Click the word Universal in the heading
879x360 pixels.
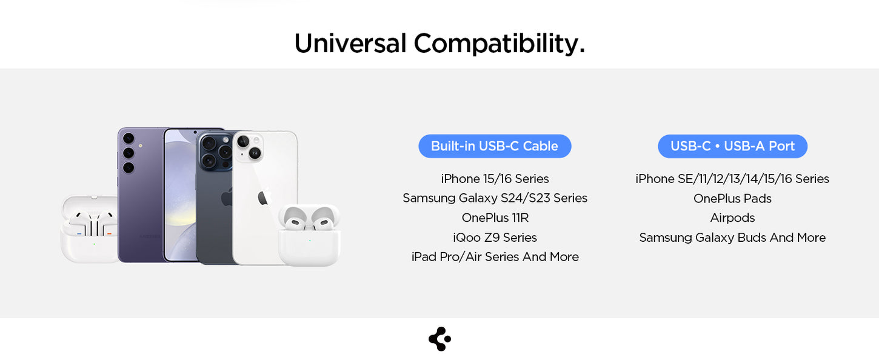tap(350, 43)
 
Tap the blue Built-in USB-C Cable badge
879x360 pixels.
tap(495, 146)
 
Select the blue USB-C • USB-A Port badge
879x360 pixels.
tap(733, 146)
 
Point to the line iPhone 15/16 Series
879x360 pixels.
tap(495, 179)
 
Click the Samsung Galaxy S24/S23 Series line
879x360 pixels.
tap(495, 198)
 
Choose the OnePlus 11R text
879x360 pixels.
tap(495, 218)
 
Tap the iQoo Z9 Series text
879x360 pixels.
tap(495, 237)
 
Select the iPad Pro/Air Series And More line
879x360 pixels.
tap(495, 257)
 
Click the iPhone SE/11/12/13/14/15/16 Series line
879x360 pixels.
tap(732, 179)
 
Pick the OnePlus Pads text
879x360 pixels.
tap(732, 198)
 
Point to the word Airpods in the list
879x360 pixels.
tap(732, 218)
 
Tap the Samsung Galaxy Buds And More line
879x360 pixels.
tap(732, 238)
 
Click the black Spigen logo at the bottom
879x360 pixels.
tap(439, 339)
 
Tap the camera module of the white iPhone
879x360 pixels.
tap(249, 148)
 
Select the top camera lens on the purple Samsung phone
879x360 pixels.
tap(129, 138)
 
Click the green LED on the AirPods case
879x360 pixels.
tap(310, 241)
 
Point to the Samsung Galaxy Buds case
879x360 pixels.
tap(90, 228)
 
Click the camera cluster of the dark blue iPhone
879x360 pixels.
tap(216, 151)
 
